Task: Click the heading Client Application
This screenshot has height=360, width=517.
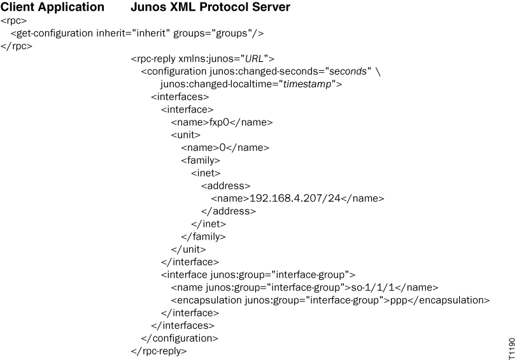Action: pos(53,8)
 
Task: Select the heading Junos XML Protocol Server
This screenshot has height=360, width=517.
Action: pos(201,8)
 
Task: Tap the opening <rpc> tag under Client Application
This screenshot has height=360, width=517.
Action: pos(13,21)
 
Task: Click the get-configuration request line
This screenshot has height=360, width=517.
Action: pos(137,33)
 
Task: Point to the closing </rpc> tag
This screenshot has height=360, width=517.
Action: pos(16,46)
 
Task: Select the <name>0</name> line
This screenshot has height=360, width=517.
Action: pos(225,148)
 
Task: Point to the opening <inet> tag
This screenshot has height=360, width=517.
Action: pos(206,173)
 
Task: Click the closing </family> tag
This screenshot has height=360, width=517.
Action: pos(204,236)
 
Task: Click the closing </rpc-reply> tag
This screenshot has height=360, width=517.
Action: pos(159,350)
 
